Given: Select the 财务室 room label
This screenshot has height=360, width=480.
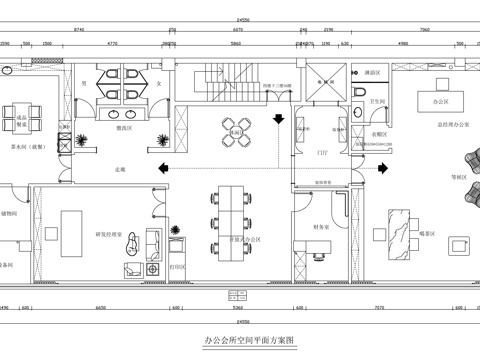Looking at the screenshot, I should tap(319, 228).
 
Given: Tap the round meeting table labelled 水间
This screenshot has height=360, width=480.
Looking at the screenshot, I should tap(236, 131).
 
